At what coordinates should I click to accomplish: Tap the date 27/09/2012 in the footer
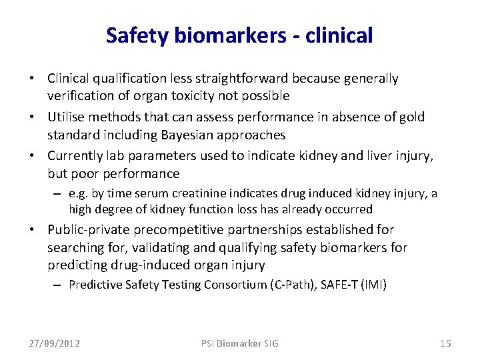tap(54, 343)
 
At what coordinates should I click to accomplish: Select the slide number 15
tap(446, 343)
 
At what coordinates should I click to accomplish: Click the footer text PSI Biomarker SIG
tap(239, 343)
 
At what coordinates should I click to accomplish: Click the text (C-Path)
tap(287, 285)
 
